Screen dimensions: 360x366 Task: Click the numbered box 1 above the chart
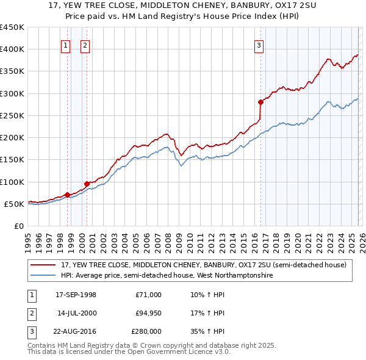(66, 45)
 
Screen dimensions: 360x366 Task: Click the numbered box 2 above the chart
(85, 45)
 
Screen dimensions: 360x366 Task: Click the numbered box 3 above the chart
(259, 45)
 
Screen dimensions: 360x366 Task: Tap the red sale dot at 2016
(260, 103)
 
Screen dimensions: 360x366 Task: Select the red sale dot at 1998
(67, 195)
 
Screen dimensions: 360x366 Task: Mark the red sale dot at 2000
(87, 184)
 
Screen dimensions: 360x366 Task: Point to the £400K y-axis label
(12, 49)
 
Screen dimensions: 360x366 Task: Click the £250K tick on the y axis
(12, 115)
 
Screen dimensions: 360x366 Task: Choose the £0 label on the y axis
(19, 226)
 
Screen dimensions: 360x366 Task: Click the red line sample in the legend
(44, 265)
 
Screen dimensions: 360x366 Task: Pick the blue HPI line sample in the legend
(44, 276)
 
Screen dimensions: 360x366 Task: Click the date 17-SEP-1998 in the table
(76, 295)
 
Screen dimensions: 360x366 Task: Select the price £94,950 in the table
(146, 313)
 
